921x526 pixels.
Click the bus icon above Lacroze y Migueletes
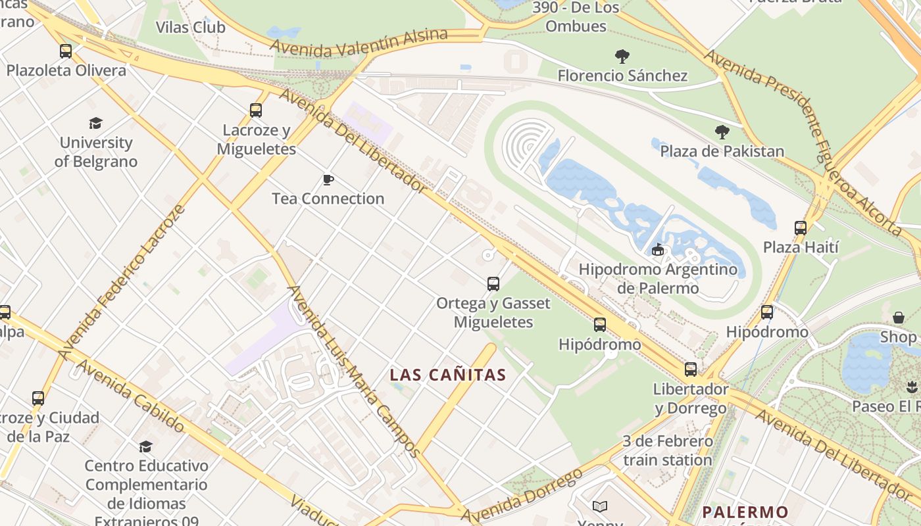point(256,110)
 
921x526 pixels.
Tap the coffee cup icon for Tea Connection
point(328,179)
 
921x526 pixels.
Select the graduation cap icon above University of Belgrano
point(96,124)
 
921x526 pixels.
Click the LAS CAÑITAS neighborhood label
point(447,375)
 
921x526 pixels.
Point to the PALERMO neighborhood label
point(745,512)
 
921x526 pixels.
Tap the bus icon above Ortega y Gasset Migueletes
point(493,284)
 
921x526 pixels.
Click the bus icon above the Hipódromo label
point(599,325)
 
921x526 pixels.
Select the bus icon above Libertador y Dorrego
point(690,370)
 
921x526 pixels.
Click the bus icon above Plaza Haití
point(800,228)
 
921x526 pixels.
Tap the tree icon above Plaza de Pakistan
point(722,132)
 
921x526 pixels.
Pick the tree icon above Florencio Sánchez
point(622,57)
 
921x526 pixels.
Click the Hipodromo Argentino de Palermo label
point(658,279)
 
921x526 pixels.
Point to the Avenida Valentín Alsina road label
point(359,43)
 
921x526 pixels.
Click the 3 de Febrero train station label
point(667,450)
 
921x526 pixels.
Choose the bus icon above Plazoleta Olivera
point(66,51)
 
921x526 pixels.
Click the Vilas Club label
point(190,28)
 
